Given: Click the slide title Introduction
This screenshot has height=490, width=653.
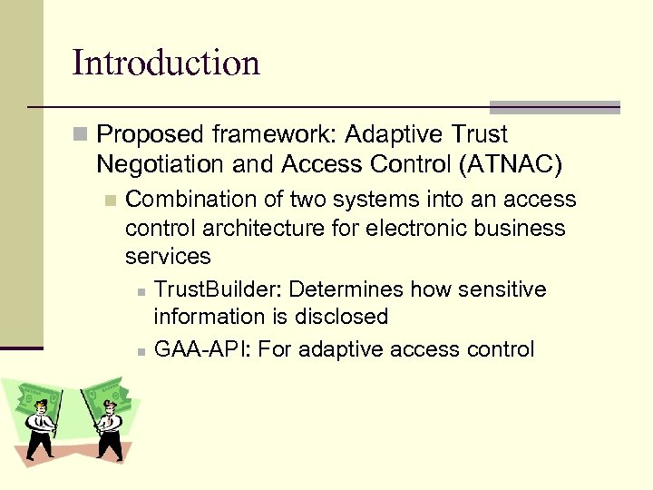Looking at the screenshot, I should (166, 63).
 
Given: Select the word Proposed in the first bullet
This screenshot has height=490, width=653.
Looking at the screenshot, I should (151, 134).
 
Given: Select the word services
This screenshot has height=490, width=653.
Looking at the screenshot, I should (168, 256).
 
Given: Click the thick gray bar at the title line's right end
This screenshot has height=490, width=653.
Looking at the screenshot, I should (554, 107).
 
